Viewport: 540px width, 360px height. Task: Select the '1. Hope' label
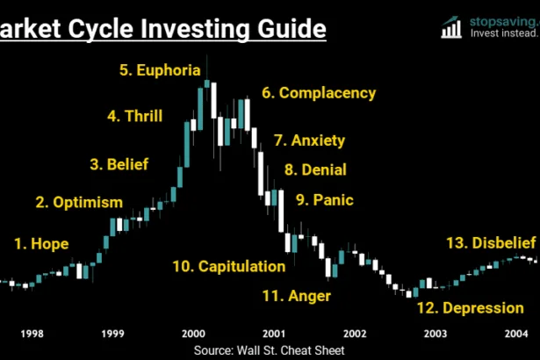[x=41, y=243]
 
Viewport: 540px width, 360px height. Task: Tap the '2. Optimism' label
[x=79, y=203]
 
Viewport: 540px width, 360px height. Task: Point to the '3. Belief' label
[x=119, y=163]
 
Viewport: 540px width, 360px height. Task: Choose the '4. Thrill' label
[x=135, y=115]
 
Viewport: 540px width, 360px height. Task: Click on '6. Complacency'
[x=319, y=92]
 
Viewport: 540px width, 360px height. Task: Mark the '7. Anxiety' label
[x=309, y=140]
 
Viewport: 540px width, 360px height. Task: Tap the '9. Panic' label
[x=324, y=199]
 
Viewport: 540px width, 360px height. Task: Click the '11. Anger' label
[x=297, y=296]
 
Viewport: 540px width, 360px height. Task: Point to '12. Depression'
[x=470, y=308]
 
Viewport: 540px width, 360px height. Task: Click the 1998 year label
[x=32, y=334]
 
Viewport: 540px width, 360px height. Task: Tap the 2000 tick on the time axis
[x=193, y=334]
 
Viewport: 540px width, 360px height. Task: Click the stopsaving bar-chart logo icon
[x=452, y=26]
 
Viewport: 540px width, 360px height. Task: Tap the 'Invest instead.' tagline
[x=504, y=34]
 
